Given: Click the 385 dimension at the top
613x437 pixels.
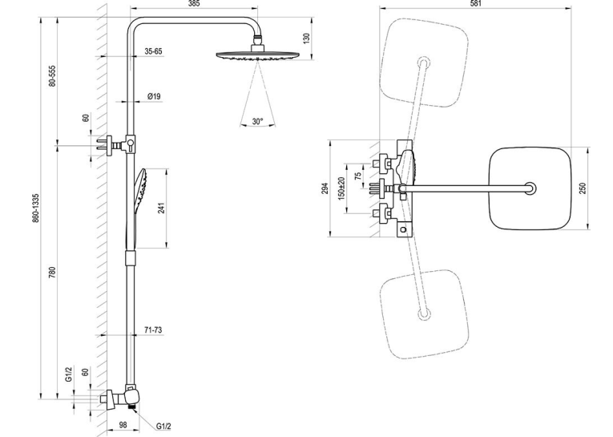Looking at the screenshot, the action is [194, 3].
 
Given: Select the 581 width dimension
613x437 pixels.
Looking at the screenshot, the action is [475, 3].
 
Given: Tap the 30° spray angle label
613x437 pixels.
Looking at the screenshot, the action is [257, 122].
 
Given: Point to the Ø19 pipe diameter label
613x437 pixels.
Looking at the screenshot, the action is [154, 96].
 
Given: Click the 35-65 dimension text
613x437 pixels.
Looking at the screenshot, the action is [153, 51].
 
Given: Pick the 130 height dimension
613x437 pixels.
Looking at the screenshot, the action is [306, 38].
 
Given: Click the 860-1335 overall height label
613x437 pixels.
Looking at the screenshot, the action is [35, 208].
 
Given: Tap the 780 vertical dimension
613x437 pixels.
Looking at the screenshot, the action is [53, 273].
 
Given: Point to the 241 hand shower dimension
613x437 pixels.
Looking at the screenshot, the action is [161, 208].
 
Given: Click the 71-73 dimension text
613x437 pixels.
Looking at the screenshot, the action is [153, 330].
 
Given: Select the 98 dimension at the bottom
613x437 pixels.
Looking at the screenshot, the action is [123, 425].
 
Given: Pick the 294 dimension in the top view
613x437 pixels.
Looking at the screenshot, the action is [325, 188].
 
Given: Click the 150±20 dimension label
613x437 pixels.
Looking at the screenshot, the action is [341, 188].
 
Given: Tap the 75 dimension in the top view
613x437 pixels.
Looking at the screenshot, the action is [357, 176].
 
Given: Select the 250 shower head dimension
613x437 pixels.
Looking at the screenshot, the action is [583, 188].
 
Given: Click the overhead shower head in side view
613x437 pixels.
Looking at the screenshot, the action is [258, 55].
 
